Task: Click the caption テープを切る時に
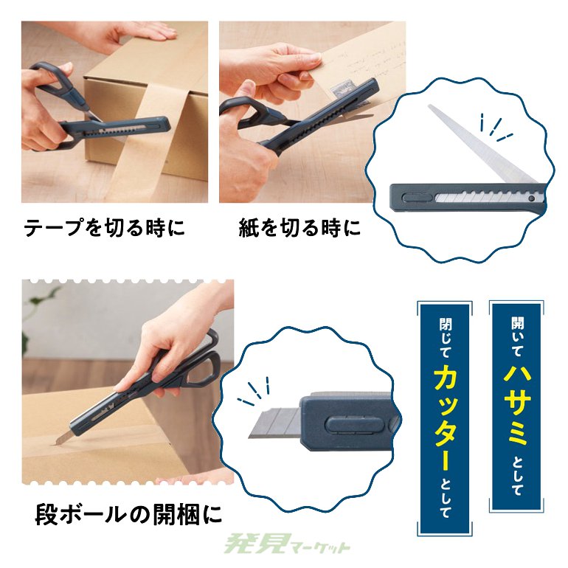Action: click(x=104, y=229)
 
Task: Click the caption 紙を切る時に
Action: click(x=300, y=229)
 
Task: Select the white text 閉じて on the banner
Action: click(x=444, y=337)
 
